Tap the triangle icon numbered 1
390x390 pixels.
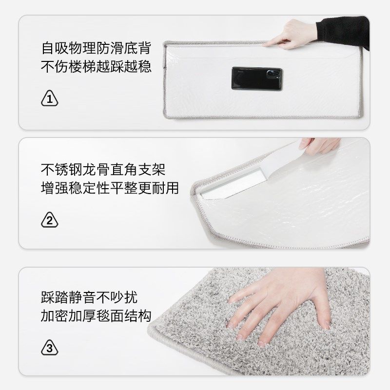[x=49, y=98]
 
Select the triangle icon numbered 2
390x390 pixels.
[x=49, y=220]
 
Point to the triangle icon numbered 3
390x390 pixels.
[x=49, y=349]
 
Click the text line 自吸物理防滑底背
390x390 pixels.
[x=96, y=49]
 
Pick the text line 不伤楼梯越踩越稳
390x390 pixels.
[x=96, y=67]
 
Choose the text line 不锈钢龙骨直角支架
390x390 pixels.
[x=103, y=170]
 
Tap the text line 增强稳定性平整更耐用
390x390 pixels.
[x=110, y=188]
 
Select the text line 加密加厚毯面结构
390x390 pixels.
[x=96, y=315]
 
